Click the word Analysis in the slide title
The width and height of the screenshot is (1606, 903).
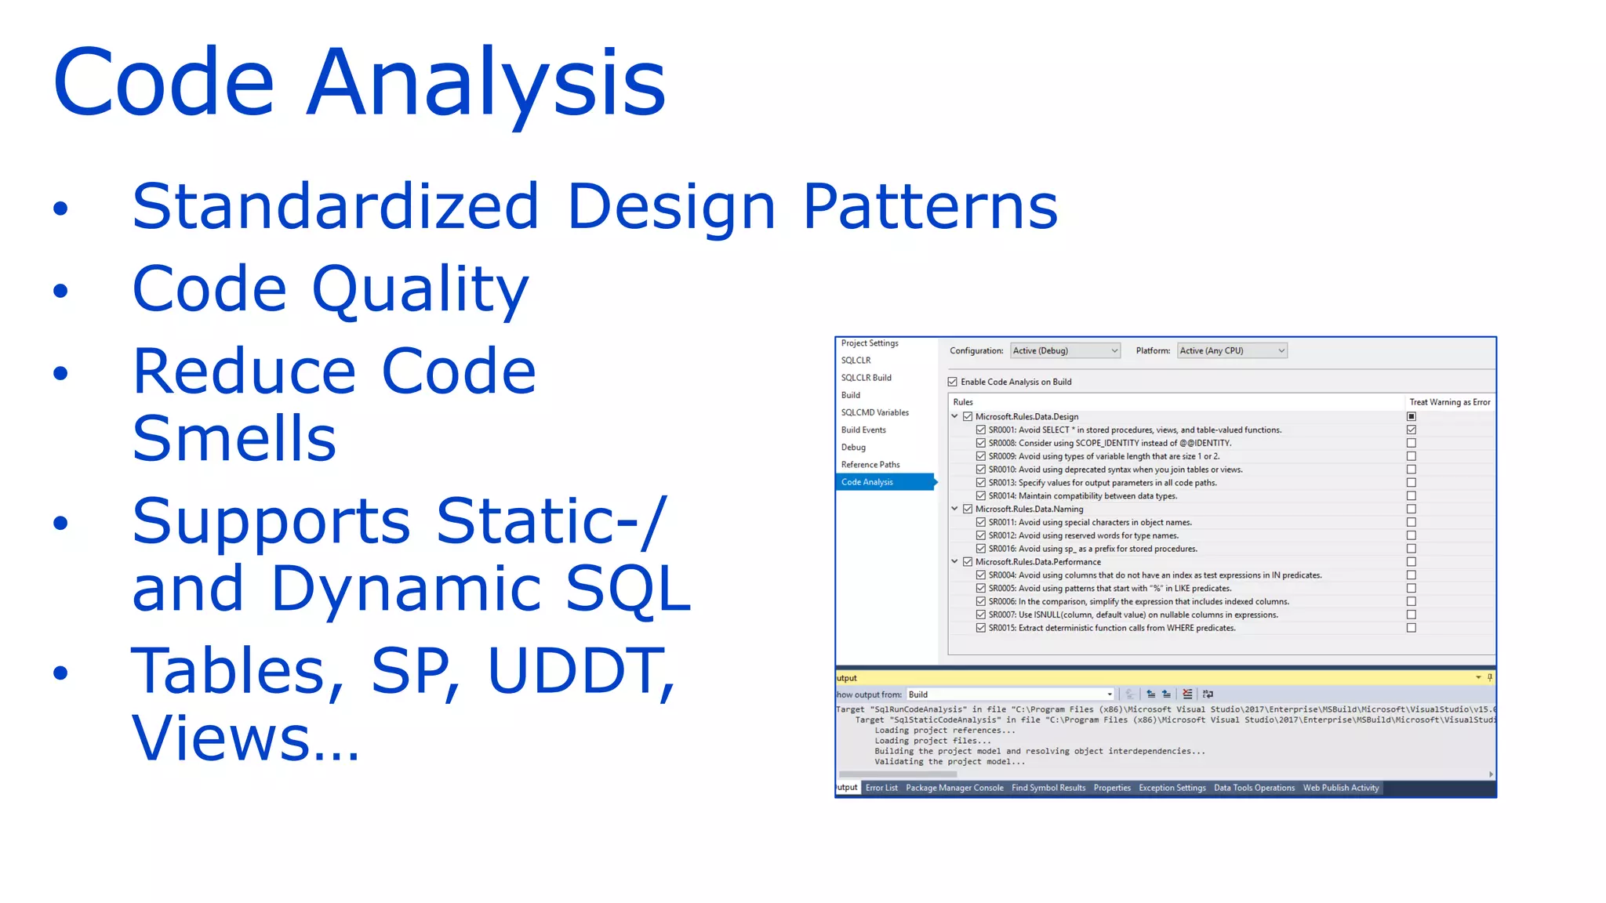pyautogui.click(x=485, y=83)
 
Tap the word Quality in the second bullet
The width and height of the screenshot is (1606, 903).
pyautogui.click(x=420, y=289)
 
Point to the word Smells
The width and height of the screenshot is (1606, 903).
pyautogui.click(x=234, y=438)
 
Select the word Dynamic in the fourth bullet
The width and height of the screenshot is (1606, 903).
pyautogui.click(x=406, y=588)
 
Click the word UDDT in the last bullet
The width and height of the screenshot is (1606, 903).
pyautogui.click(x=576, y=671)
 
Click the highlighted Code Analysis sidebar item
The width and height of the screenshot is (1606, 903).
pyautogui.click(x=867, y=482)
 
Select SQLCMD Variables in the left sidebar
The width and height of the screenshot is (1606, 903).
pyautogui.click(x=874, y=412)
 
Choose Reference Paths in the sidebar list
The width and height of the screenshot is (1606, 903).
pyautogui.click(x=870, y=465)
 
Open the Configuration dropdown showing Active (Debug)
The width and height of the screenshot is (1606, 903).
pyautogui.click(x=1065, y=351)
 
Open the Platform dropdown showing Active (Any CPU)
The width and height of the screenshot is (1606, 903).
pyautogui.click(x=1231, y=351)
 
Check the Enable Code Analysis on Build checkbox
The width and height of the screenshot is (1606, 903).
pyautogui.click(x=953, y=382)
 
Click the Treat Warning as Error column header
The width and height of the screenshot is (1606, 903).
pyautogui.click(x=1449, y=402)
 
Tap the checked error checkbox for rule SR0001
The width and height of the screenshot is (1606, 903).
pyautogui.click(x=1412, y=430)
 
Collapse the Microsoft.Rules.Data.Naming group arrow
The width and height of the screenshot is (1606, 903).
pyautogui.click(x=954, y=509)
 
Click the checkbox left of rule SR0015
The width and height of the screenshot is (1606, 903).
pyautogui.click(x=981, y=628)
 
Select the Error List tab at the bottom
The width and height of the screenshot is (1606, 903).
pyautogui.click(x=881, y=788)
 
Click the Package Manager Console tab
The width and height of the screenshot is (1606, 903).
pyautogui.click(x=954, y=788)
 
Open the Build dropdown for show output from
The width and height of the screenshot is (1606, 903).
pyautogui.click(x=1010, y=694)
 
